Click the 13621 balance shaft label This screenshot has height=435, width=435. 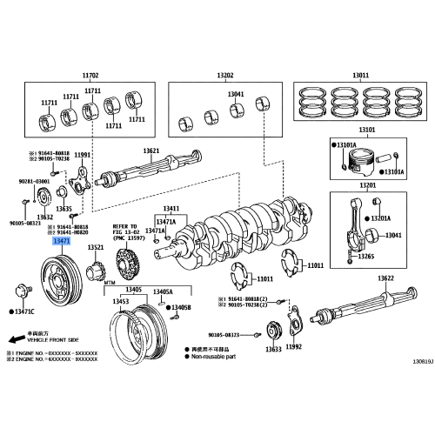click(151, 151)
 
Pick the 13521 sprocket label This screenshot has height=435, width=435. click(97, 248)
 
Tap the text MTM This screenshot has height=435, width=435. click(110, 284)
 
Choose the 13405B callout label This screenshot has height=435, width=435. click(180, 307)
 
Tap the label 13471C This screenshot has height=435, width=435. click(24, 311)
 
